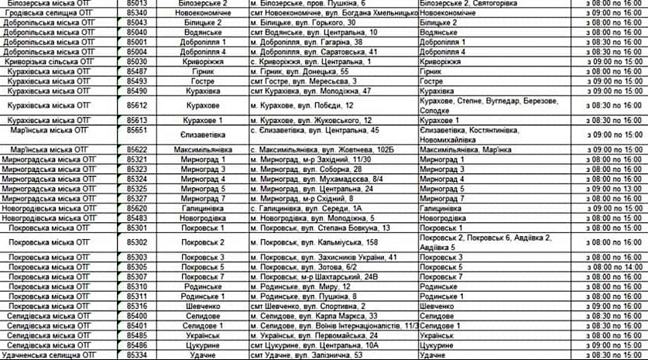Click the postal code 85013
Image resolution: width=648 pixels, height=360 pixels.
136,4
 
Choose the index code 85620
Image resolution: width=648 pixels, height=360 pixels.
136,207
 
